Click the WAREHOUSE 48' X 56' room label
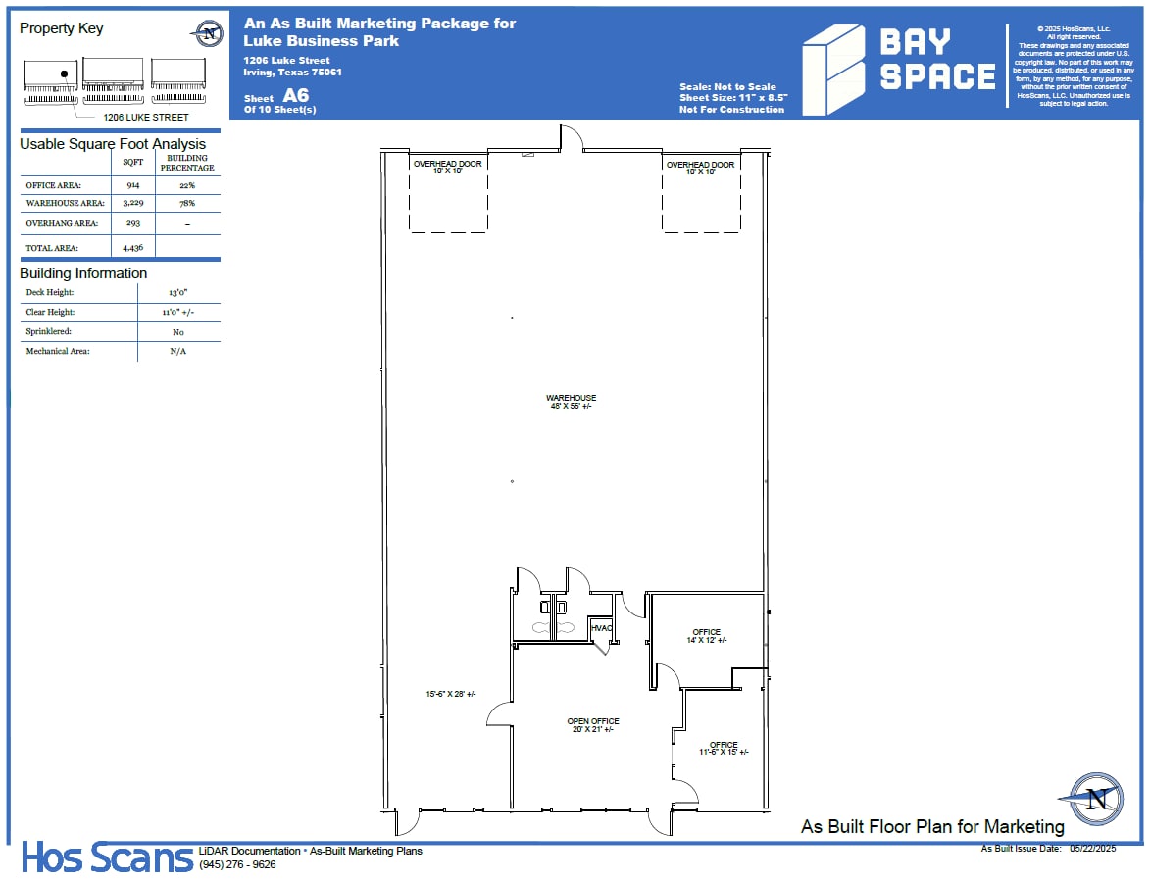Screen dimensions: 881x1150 tap(571, 402)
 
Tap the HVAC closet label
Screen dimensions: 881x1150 tap(601, 628)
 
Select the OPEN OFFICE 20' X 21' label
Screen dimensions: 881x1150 tap(593, 725)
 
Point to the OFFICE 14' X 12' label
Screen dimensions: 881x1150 tap(706, 636)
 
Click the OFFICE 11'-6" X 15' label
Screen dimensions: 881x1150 tap(723, 749)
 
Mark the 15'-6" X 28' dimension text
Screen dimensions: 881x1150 tap(450, 694)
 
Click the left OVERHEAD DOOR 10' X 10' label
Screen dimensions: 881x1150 tap(447, 168)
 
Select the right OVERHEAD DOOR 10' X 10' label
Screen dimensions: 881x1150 tap(700, 169)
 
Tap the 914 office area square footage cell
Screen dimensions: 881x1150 tap(132, 184)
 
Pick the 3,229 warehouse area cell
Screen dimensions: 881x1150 tap(132, 203)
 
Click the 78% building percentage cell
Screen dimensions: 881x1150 tap(186, 203)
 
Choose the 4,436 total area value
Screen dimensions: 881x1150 tap(132, 248)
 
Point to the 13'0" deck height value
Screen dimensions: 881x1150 tap(177, 293)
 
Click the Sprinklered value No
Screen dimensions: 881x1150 tap(177, 332)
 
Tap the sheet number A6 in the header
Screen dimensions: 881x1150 tap(296, 96)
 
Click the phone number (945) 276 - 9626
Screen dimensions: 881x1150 tap(236, 864)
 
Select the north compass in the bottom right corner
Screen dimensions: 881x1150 tap(1096, 798)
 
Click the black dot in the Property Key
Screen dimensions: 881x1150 tap(64, 73)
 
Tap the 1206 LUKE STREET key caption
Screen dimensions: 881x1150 tap(146, 118)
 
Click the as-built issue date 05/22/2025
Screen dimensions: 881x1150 tap(1092, 848)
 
